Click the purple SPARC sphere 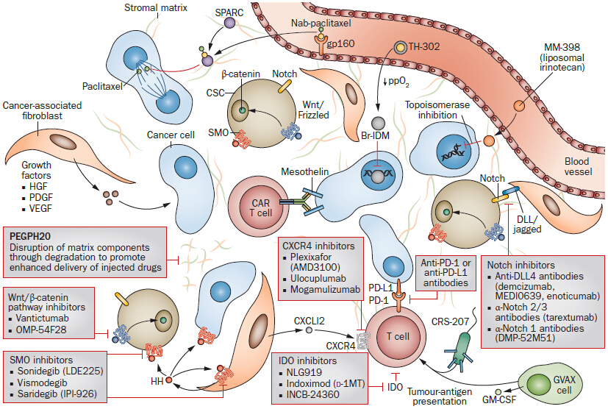[229, 24]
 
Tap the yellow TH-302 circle [401, 48]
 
